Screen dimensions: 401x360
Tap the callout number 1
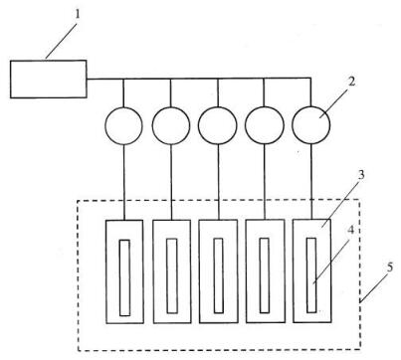pyautogui.click(x=78, y=15)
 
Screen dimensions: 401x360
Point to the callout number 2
pyautogui.click(x=351, y=82)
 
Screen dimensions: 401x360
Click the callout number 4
pyautogui.click(x=351, y=231)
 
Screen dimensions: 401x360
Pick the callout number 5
pyautogui.click(x=390, y=268)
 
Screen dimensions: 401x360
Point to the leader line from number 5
pyautogui.click(x=374, y=288)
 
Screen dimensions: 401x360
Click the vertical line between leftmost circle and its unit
pyautogui.click(x=123, y=182)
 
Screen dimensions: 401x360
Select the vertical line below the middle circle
pyautogui.click(x=218, y=182)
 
